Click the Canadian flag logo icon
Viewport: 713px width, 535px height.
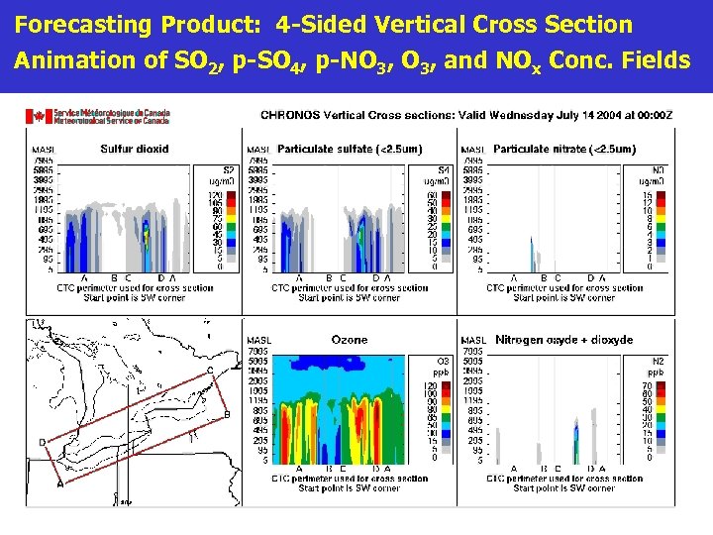pos(40,116)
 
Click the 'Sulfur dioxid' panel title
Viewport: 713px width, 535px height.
pos(134,150)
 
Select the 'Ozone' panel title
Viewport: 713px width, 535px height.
pos(350,339)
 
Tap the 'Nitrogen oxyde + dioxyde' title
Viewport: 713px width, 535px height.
pos(563,340)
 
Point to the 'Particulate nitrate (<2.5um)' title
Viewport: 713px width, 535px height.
pos(563,150)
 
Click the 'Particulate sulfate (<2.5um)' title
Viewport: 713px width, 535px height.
pos(350,150)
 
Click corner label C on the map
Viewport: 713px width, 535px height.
pos(209,370)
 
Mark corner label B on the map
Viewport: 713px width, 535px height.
pos(227,413)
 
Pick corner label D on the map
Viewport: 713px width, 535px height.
pos(42,441)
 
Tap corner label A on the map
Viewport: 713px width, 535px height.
pos(60,483)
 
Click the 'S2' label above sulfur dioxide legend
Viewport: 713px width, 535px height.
pos(228,169)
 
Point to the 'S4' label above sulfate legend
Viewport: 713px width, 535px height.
pos(443,169)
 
